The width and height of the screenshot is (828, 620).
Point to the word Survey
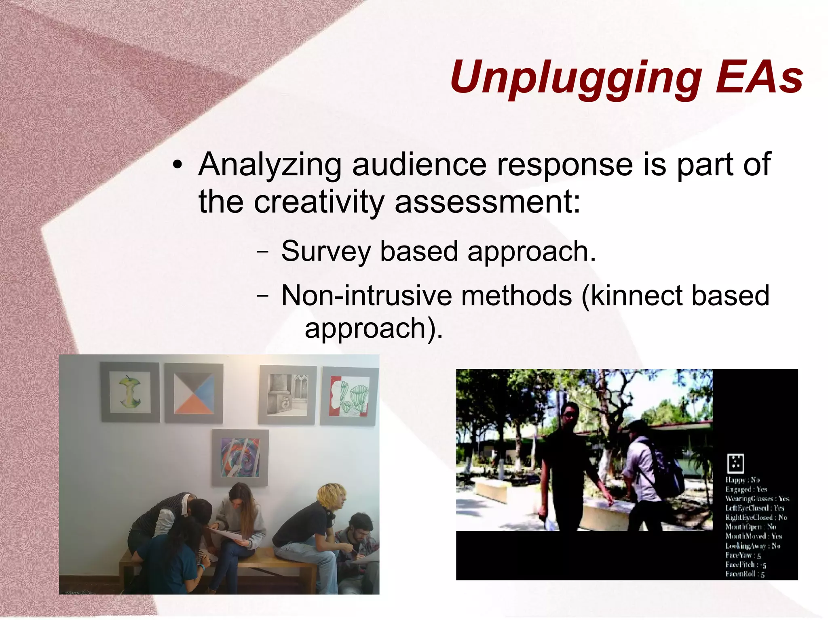click(x=325, y=251)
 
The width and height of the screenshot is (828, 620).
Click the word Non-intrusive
click(x=366, y=295)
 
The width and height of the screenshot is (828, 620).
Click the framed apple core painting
click(x=129, y=392)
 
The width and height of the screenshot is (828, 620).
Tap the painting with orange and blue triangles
click(x=194, y=393)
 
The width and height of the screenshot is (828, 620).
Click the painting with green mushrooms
click(x=349, y=396)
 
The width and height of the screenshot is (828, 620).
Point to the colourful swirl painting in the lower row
click(x=240, y=457)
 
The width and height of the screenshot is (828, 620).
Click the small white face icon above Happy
click(x=735, y=463)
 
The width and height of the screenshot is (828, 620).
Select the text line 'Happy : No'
click(x=742, y=480)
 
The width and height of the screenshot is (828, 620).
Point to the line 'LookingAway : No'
click(x=752, y=546)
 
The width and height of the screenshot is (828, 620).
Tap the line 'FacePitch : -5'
click(x=746, y=565)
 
